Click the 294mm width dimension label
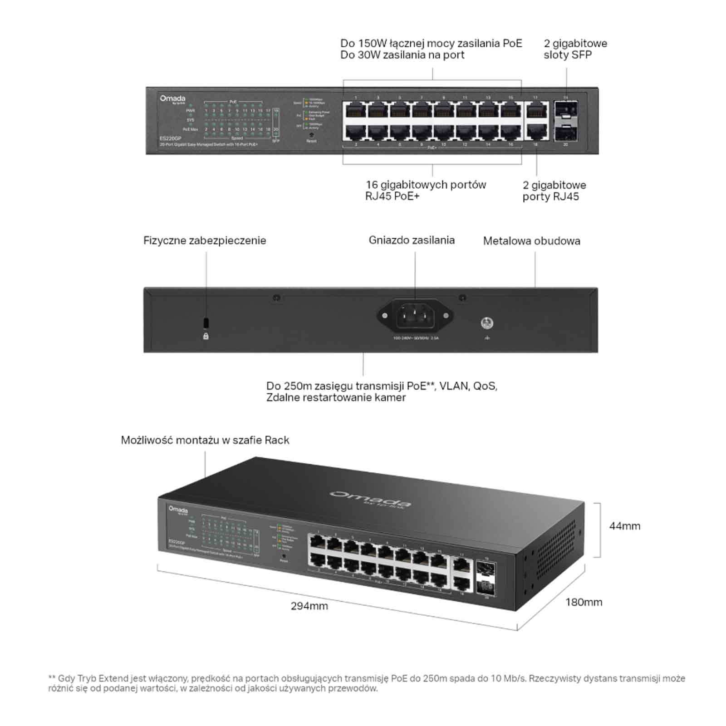pos(309,606)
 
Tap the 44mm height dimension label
pos(624,526)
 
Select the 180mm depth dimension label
pos(584,602)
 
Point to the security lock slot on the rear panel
pos(206,322)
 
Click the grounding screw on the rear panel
pos(487,323)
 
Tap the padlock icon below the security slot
pos(206,336)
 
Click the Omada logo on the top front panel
pos(172,99)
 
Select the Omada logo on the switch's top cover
pos(370,498)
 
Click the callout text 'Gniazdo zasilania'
pos(412,240)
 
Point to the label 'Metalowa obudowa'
pos(531,241)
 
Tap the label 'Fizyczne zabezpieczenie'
pos(205,240)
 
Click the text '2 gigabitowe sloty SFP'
pos(575,49)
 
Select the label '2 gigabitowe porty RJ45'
pos(554,191)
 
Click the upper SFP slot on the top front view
pos(565,110)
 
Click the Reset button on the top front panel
pos(311,135)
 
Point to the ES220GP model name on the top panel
pos(170,138)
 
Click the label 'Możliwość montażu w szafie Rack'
pos(205,440)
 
